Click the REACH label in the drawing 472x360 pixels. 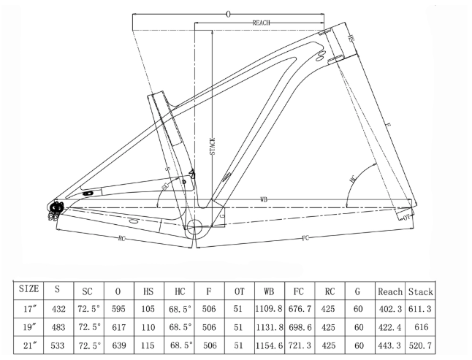pos(262,23)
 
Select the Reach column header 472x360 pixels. pos(390,291)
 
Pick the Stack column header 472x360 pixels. pos(421,291)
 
